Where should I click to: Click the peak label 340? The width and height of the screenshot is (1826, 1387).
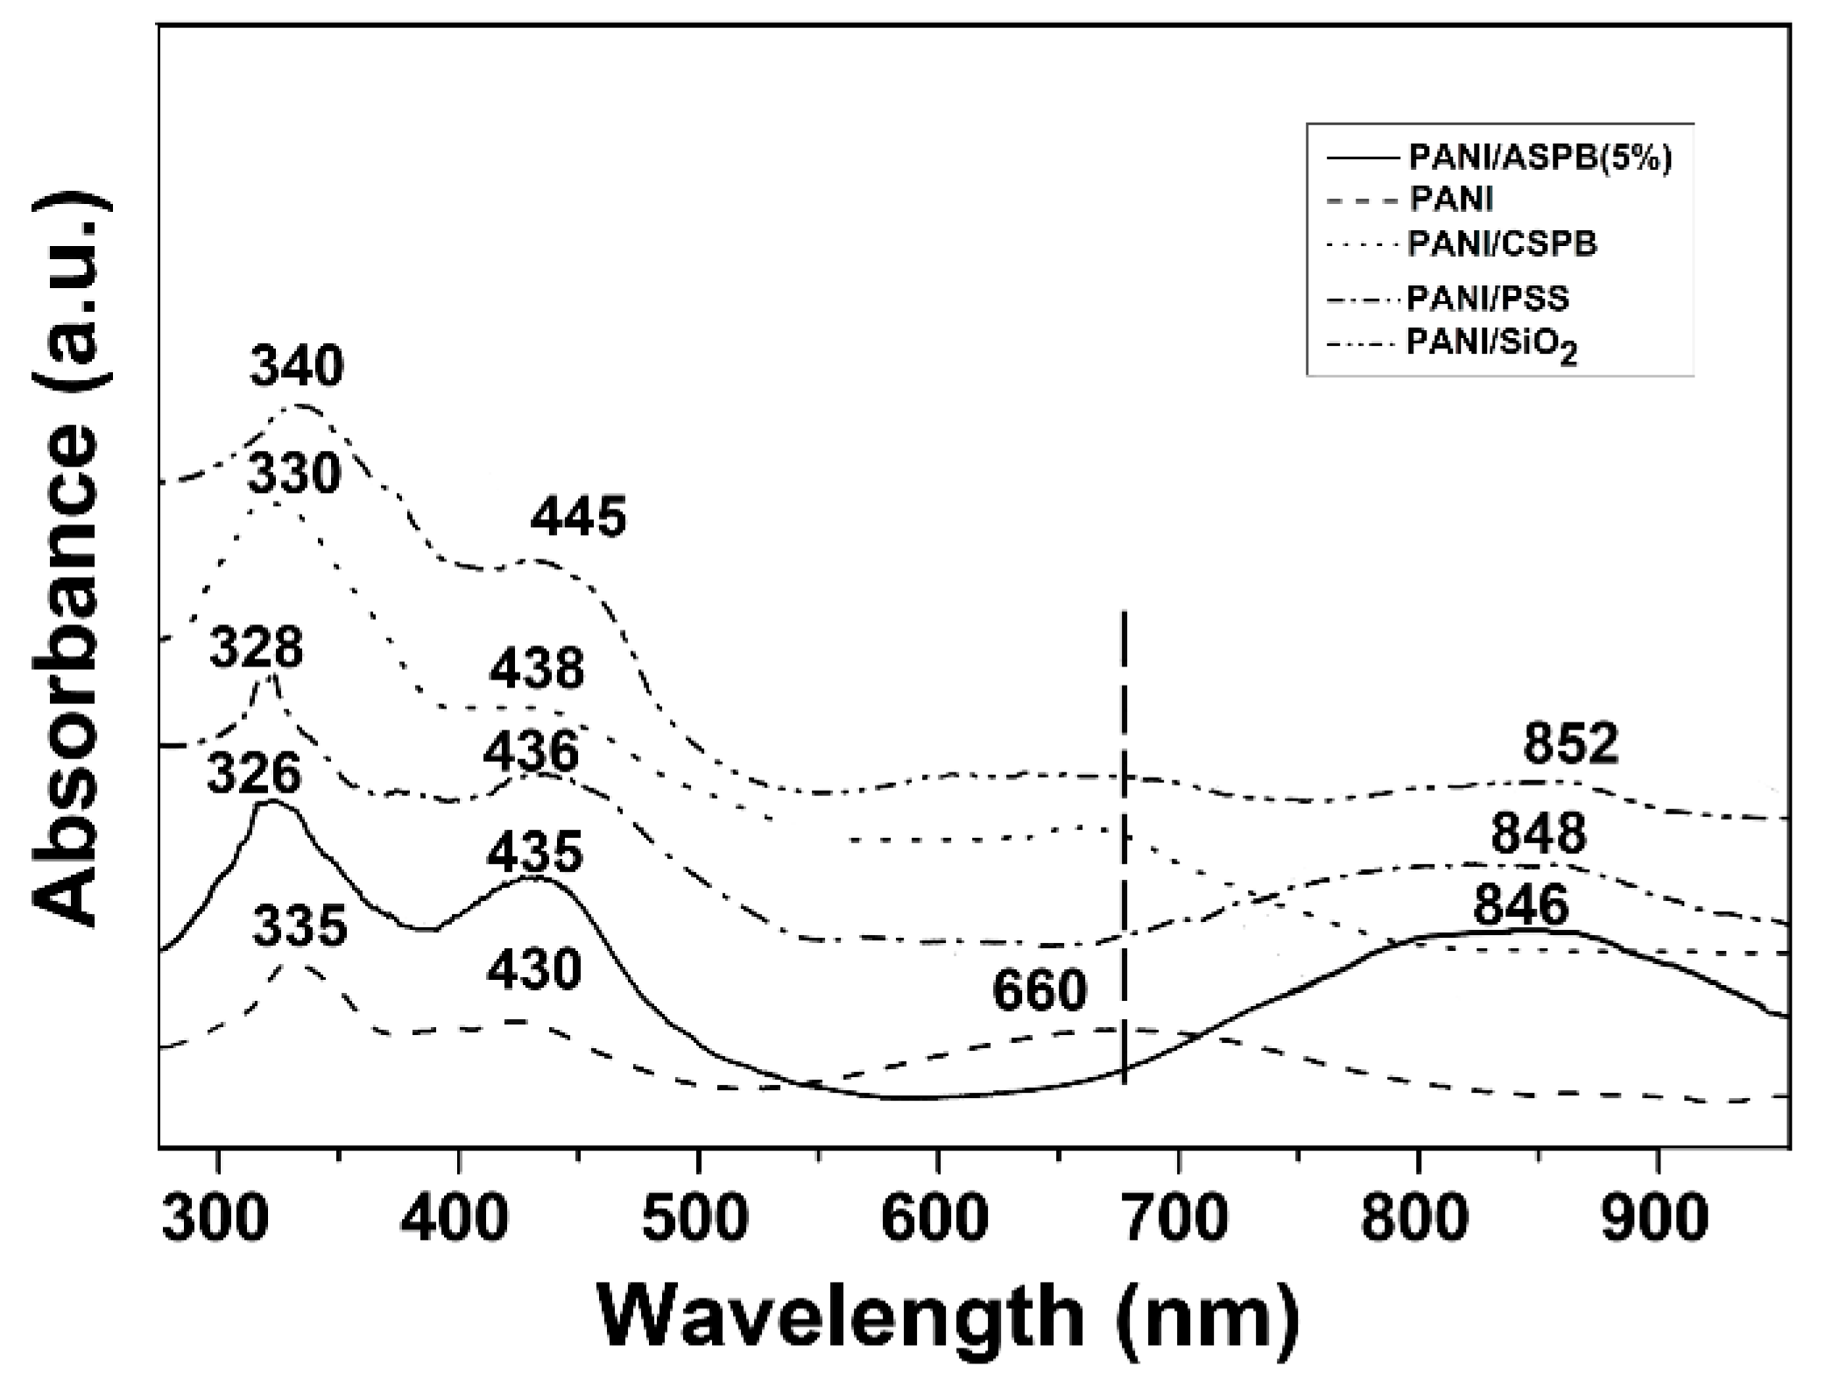click(x=297, y=366)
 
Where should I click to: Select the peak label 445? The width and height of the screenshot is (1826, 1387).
click(x=578, y=517)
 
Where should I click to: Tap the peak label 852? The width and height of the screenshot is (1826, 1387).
click(x=1571, y=744)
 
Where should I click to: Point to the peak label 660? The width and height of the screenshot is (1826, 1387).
click(x=1040, y=991)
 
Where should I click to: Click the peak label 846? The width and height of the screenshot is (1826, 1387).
click(x=1521, y=905)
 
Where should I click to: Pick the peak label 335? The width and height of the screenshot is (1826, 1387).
click(x=300, y=926)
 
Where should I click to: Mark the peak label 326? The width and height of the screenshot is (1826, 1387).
click(x=254, y=774)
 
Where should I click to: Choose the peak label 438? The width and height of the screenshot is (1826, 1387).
click(x=536, y=669)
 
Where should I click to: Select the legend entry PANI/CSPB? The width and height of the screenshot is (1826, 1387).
click(x=1502, y=243)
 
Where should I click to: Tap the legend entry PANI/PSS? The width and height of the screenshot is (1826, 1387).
click(x=1488, y=299)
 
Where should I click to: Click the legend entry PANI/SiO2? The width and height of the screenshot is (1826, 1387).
click(x=1491, y=343)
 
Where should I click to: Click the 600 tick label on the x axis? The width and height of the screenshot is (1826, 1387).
click(x=935, y=1218)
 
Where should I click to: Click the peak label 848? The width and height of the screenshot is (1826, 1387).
click(x=1539, y=833)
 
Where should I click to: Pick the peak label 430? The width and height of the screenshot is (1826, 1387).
click(x=534, y=970)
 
